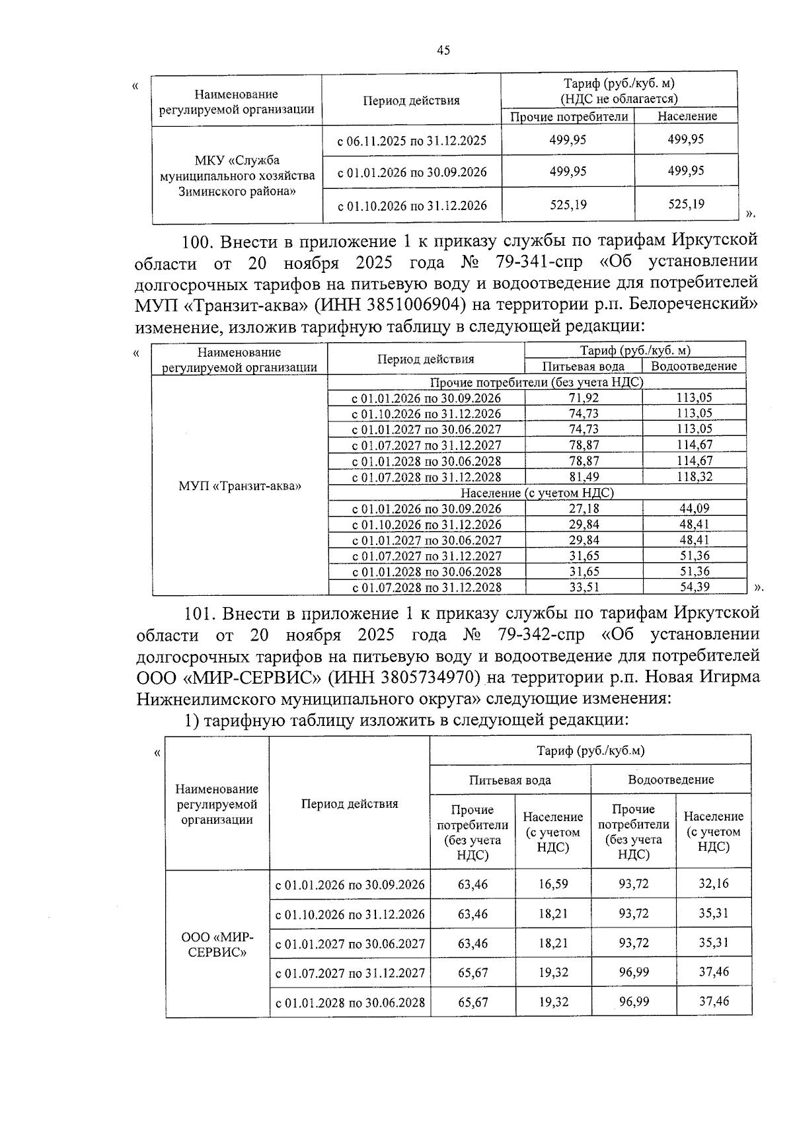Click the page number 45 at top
coord(443,50)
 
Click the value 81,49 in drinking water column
coord(584,477)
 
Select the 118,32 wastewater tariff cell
coord(694,477)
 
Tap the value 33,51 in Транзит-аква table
coord(584,587)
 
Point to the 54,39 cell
coord(694,587)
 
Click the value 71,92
coord(584,398)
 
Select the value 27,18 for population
coord(584,509)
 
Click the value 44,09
coord(694,509)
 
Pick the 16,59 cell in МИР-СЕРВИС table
coord(552,884)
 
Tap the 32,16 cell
coord(714,884)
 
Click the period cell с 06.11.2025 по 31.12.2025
coord(412,141)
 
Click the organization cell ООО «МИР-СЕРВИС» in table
coord(217,945)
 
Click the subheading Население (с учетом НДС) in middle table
coord(537,493)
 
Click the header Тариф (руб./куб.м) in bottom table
coord(590,750)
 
